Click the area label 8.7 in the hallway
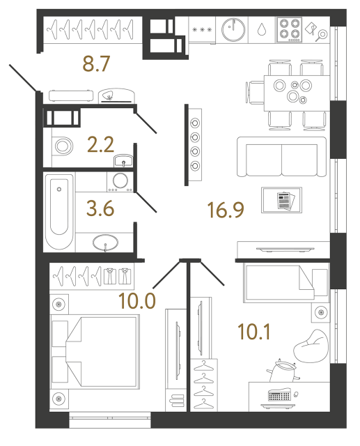[97, 66]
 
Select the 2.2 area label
[101, 145]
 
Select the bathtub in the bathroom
[58, 212]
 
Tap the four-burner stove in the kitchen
[289, 29]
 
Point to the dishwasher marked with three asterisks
[201, 30]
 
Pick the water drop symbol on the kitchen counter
[261, 30]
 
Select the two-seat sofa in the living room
[281, 158]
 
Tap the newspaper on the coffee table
[283, 200]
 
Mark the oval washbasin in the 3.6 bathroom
[105, 243]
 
